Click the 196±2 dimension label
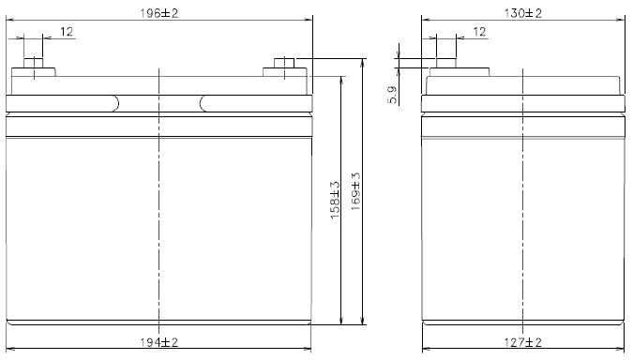pos(159,12)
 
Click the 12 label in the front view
pos(67,32)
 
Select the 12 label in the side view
pos(479,32)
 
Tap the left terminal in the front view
pos(34,67)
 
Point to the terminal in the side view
pos(445,67)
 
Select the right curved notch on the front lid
pos(203,103)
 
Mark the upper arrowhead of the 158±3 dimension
pos(340,79)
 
